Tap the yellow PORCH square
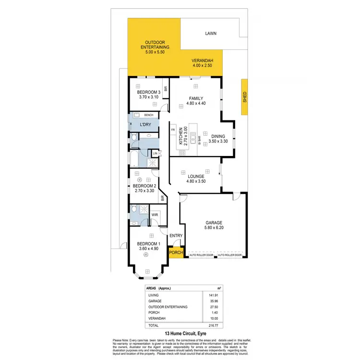point(175,252)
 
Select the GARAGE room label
point(214,223)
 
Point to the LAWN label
point(210,34)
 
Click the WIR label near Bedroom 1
point(155,215)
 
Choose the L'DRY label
point(146,125)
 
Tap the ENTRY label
point(176,236)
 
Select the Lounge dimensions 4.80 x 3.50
point(196,182)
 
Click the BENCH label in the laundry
point(149,115)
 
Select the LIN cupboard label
point(155,154)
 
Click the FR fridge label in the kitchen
point(172,130)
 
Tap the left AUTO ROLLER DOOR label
point(201,255)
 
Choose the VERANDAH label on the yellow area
point(202,60)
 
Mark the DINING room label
point(217,136)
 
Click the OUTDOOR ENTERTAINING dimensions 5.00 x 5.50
point(154,51)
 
